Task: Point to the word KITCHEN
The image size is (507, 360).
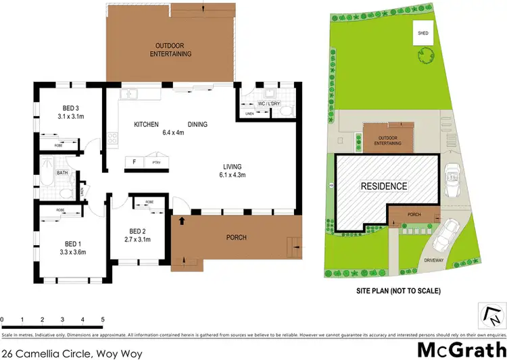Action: (146, 124)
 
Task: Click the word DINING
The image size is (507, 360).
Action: (197, 124)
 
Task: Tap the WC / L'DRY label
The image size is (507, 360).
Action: (268, 103)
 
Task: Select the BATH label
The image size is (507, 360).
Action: (62, 173)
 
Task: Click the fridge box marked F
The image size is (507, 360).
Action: (134, 162)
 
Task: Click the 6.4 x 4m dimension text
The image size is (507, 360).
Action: (174, 132)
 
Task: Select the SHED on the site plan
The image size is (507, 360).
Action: (423, 33)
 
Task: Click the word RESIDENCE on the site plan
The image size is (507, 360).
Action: (383, 186)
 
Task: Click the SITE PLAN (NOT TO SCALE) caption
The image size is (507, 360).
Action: (399, 291)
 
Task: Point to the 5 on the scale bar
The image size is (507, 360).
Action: (103, 319)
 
